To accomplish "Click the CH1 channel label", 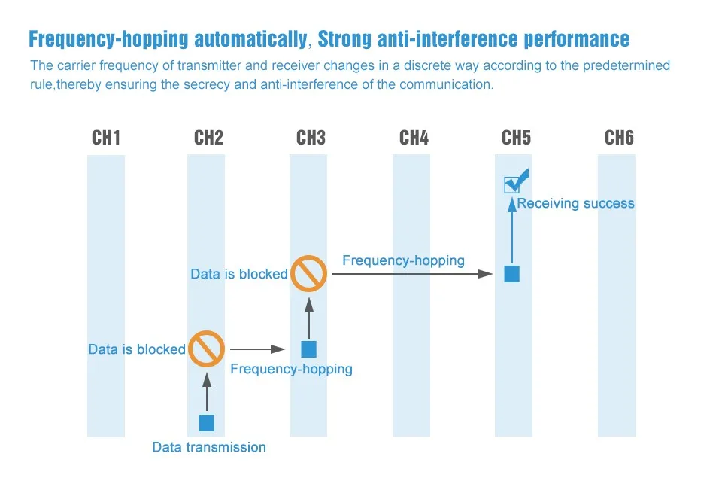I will pyautogui.click(x=106, y=138).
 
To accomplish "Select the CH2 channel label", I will pyautogui.click(x=208, y=138).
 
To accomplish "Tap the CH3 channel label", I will pyautogui.click(x=311, y=138).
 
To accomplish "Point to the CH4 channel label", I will pyautogui.click(x=414, y=138).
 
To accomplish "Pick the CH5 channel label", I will pyautogui.click(x=516, y=138).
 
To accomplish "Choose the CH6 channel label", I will pyautogui.click(x=619, y=138).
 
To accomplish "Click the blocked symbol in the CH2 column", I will pyautogui.click(x=206, y=349).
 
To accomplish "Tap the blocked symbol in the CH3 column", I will pyautogui.click(x=308, y=273).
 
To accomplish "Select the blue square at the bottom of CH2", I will pyautogui.click(x=206, y=423).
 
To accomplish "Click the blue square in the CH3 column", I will pyautogui.click(x=308, y=349).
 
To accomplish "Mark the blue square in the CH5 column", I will pyautogui.click(x=511, y=273).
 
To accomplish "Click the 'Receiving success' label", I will pyautogui.click(x=575, y=203).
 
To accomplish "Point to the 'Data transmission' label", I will pyautogui.click(x=209, y=447).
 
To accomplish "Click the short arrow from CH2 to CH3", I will pyautogui.click(x=258, y=349).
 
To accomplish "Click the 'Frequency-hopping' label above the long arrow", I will pyautogui.click(x=403, y=260).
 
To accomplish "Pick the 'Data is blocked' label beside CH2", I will pyautogui.click(x=137, y=349).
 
